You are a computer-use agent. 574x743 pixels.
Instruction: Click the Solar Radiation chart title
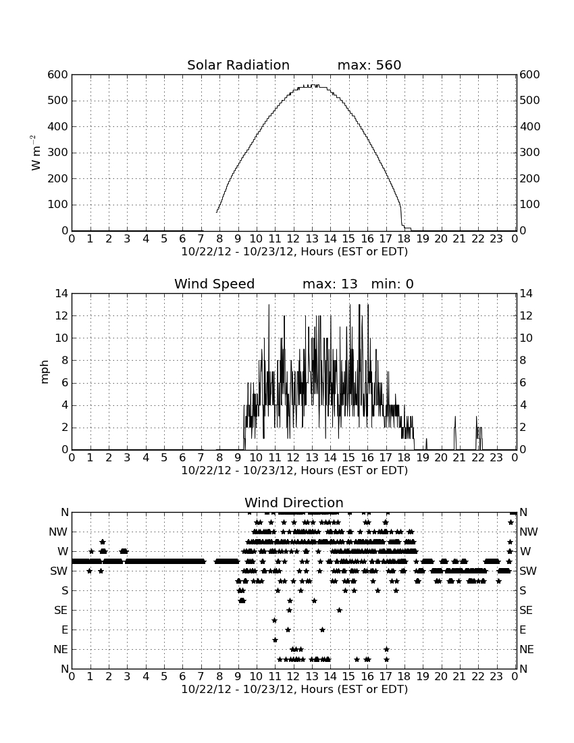pyautogui.click(x=238, y=65)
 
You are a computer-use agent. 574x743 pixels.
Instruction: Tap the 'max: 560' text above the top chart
pyautogui.click(x=369, y=65)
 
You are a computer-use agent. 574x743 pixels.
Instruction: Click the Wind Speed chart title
pyautogui.click(x=215, y=284)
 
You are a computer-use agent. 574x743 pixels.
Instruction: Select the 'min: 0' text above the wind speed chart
pyautogui.click(x=392, y=284)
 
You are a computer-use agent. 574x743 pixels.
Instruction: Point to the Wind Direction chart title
pyautogui.click(x=294, y=503)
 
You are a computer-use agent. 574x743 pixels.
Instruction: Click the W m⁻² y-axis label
pyautogui.click(x=36, y=153)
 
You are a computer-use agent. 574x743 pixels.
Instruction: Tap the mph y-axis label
pyautogui.click(x=44, y=372)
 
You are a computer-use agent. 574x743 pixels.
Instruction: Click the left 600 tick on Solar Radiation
pyautogui.click(x=58, y=74)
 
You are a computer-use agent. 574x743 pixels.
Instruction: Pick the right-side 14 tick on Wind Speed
pyautogui.click(x=526, y=294)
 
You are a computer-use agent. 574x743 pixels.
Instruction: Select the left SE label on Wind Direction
pyautogui.click(x=61, y=611)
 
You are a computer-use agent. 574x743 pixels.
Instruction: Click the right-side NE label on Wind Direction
pyautogui.click(x=527, y=649)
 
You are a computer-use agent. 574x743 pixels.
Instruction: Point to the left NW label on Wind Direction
pyautogui.click(x=58, y=532)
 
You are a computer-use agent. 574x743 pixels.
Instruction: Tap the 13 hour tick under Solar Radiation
pyautogui.click(x=312, y=239)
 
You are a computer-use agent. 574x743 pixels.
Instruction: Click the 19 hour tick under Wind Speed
pyautogui.click(x=423, y=458)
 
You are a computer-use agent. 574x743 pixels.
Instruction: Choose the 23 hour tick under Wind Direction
pyautogui.click(x=496, y=677)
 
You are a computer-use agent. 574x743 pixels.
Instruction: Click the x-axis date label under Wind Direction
pyautogui.click(x=294, y=689)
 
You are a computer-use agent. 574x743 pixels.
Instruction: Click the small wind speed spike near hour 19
pyautogui.click(x=426, y=444)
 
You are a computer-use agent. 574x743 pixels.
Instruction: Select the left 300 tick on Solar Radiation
pyautogui.click(x=58, y=153)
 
